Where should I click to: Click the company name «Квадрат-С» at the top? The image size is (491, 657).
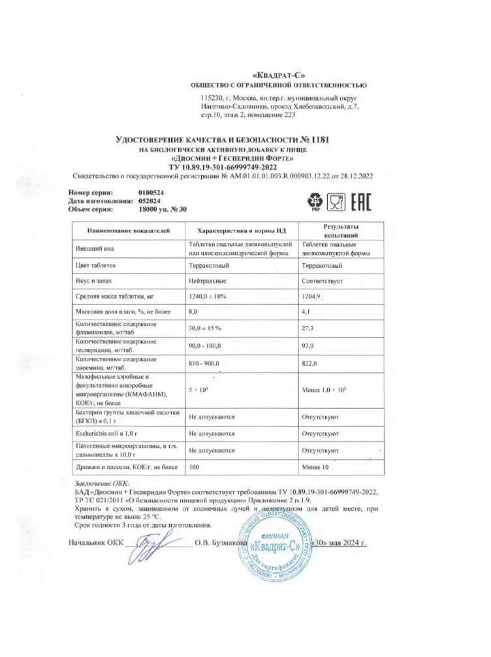(277, 75)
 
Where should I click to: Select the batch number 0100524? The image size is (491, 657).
(151, 193)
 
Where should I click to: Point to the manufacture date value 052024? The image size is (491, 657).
(150, 201)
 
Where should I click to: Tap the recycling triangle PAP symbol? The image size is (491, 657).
(315, 201)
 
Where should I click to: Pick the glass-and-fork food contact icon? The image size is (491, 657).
(336, 200)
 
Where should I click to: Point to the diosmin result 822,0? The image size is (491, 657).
(312, 362)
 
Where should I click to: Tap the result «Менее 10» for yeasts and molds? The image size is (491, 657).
(317, 467)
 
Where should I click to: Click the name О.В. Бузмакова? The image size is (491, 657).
(220, 543)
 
